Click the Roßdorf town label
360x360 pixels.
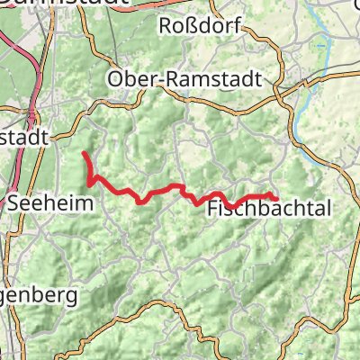(200, 27)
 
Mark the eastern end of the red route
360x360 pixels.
(275, 198)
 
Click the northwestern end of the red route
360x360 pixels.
(84, 153)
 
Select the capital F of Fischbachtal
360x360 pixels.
(213, 209)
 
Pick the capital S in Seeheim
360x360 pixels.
(13, 204)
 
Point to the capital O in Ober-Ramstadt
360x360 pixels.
(115, 79)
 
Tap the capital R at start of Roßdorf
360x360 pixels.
(166, 27)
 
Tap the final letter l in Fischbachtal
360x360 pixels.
(329, 209)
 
